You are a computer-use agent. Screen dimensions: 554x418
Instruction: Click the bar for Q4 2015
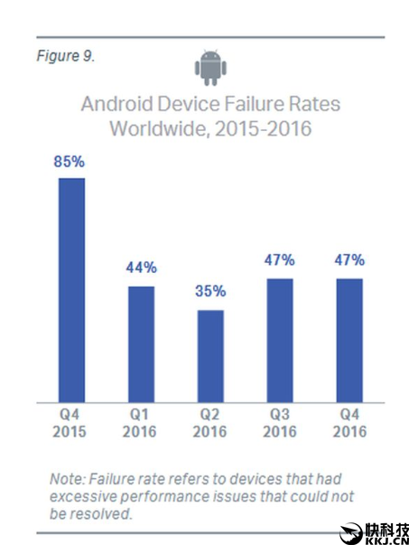pyautogui.click(x=71, y=289)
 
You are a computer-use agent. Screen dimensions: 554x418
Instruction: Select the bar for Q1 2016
pyautogui.click(x=141, y=343)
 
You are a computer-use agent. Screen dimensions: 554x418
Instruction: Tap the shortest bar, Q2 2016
pyautogui.click(x=210, y=355)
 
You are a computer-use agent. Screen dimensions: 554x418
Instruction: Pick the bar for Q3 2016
pyautogui.click(x=280, y=340)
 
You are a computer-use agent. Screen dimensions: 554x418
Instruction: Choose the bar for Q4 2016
pyautogui.click(x=349, y=340)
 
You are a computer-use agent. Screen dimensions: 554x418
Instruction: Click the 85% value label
pyautogui.click(x=71, y=164)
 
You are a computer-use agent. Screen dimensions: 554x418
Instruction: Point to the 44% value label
pyautogui.click(x=141, y=268)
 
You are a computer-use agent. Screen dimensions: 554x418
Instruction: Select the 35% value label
pyautogui.click(x=210, y=292)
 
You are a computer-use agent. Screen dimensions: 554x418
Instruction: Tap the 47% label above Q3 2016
pyautogui.click(x=280, y=260)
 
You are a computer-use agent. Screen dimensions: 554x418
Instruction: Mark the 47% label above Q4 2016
pyautogui.click(x=349, y=260)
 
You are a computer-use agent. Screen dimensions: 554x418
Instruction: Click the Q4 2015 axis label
pyautogui.click(x=71, y=423)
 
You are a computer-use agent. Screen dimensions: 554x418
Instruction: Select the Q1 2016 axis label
pyautogui.click(x=141, y=423)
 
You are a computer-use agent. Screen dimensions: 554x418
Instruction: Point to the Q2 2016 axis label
pyautogui.click(x=210, y=423)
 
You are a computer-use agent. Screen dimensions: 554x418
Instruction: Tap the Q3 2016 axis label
pyautogui.click(x=280, y=423)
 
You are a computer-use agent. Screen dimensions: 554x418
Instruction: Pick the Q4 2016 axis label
pyautogui.click(x=349, y=423)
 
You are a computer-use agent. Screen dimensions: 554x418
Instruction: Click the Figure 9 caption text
pyautogui.click(x=65, y=56)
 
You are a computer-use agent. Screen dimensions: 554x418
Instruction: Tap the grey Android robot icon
pyautogui.click(x=209, y=65)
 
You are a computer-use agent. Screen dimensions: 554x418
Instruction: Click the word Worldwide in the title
pyautogui.click(x=154, y=128)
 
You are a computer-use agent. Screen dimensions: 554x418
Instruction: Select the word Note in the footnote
pyautogui.click(x=68, y=478)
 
